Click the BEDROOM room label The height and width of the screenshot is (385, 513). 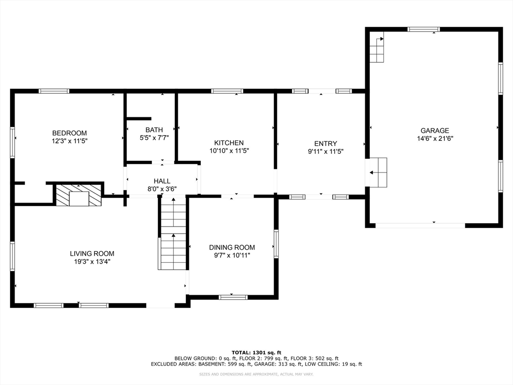coord(69,133)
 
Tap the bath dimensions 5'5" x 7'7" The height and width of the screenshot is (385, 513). coord(154,138)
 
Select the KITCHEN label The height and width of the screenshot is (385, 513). coord(229,143)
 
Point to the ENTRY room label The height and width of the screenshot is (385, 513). coord(326,143)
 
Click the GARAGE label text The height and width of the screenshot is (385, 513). coord(435,130)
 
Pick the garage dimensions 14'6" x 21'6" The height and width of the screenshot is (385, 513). coord(435,138)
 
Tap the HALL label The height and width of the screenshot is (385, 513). coord(162,181)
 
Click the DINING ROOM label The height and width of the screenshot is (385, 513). coord(232,248)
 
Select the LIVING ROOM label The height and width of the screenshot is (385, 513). coord(92,253)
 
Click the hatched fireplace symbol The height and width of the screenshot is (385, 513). coord(79,196)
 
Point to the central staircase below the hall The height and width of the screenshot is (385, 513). coord(173,233)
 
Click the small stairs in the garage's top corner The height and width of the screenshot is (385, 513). coord(377,50)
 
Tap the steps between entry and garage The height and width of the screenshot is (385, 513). coord(378,172)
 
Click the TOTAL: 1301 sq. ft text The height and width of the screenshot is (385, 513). coord(256,352)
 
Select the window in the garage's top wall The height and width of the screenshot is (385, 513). coord(424,30)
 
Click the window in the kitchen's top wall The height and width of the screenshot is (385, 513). coord(227,91)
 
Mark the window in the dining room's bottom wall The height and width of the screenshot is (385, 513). coord(233,297)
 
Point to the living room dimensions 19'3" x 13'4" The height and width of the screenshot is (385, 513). coord(92,262)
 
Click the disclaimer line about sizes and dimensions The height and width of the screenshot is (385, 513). coord(256,374)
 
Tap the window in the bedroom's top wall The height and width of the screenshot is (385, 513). coord(54,91)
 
